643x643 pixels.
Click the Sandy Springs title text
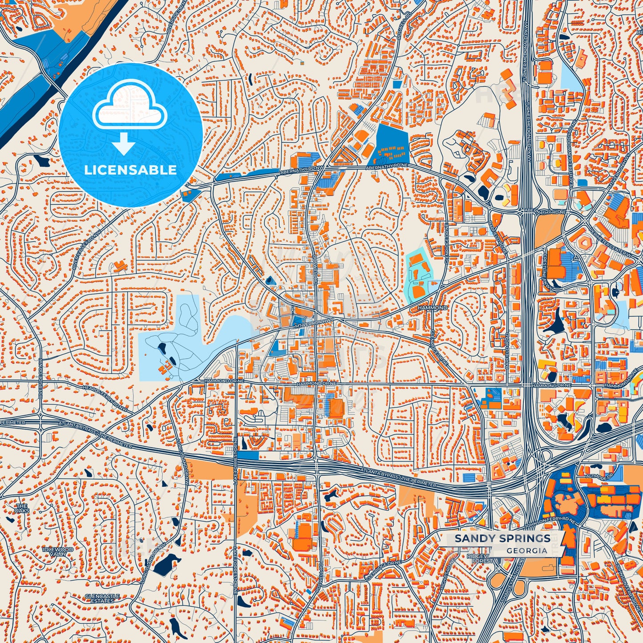(x=502, y=538)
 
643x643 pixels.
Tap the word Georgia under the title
(x=527, y=550)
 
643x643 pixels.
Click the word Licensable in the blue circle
(x=130, y=170)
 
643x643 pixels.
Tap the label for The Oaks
(x=22, y=508)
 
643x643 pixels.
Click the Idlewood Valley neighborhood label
(x=58, y=552)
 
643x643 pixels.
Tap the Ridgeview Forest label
(x=481, y=559)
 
